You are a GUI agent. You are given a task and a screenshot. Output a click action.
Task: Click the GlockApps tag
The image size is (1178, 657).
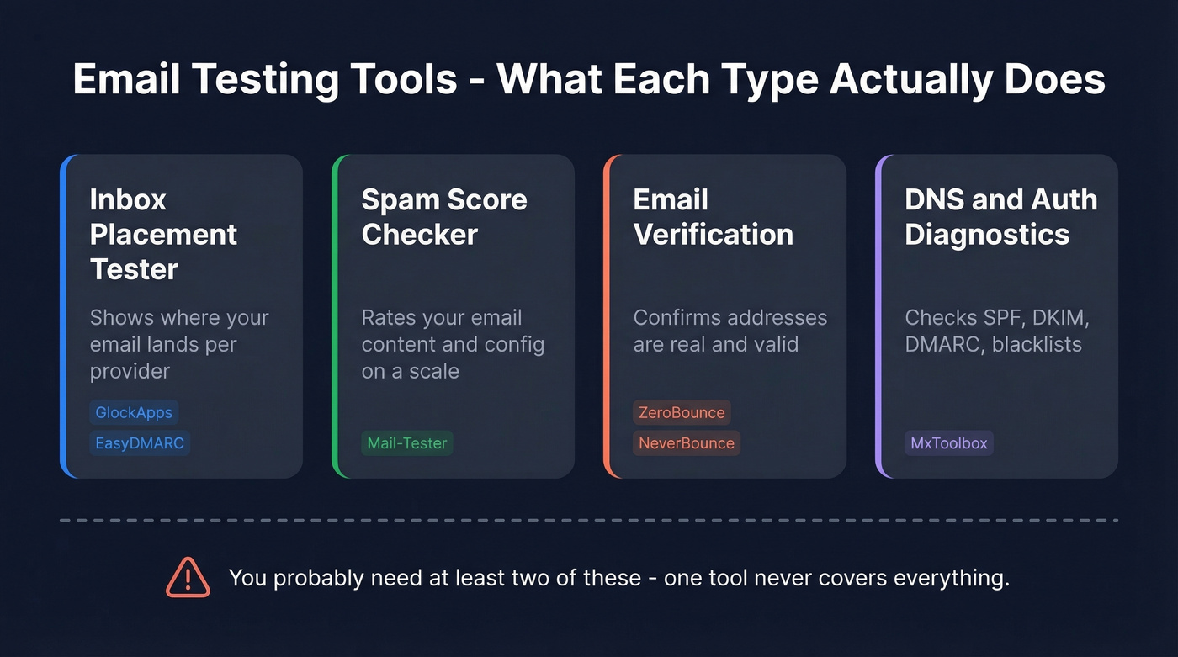pyautogui.click(x=134, y=412)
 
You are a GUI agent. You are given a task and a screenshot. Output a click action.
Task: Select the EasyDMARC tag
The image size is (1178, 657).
pyautogui.click(x=140, y=443)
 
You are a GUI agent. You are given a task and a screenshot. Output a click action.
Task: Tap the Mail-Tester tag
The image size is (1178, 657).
pyautogui.click(x=407, y=443)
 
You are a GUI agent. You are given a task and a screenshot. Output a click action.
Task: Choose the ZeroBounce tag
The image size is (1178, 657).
pyautogui.click(x=682, y=412)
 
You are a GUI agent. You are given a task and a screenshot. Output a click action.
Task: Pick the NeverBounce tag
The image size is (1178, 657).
pyautogui.click(x=687, y=443)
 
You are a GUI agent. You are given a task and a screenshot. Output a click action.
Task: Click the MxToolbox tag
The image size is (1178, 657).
pyautogui.click(x=949, y=443)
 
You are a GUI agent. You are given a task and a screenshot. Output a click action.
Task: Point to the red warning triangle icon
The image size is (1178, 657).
pyautogui.click(x=188, y=578)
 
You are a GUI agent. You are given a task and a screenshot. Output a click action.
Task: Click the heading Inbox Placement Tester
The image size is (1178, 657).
pyautogui.click(x=163, y=234)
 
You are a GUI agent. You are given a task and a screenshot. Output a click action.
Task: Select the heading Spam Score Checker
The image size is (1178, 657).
pyautogui.click(x=444, y=217)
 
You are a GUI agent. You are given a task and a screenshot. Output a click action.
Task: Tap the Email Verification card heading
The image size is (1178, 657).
pyautogui.click(x=713, y=217)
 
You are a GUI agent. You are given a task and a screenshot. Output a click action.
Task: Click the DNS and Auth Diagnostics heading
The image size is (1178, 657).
pyautogui.click(x=1000, y=217)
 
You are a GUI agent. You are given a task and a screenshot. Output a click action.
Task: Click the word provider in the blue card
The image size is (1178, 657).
pyautogui.click(x=130, y=371)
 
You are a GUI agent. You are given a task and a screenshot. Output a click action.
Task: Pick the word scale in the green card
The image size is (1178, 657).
pyautogui.click(x=434, y=371)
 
